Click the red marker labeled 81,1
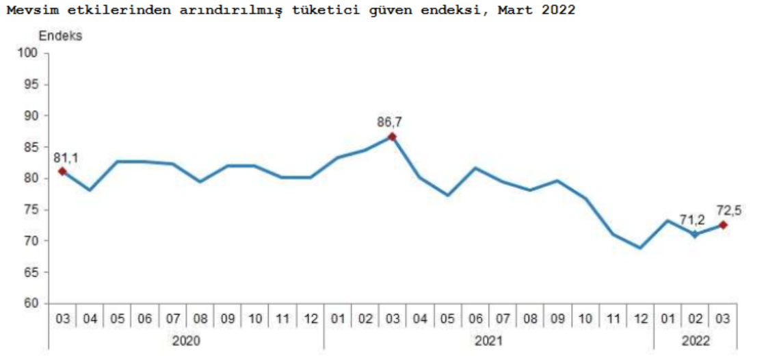click(62, 171)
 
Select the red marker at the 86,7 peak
click(392, 137)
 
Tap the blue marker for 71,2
click(696, 234)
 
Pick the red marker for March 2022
click(723, 225)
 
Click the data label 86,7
click(390, 123)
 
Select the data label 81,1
click(66, 158)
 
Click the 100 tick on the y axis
click(31, 53)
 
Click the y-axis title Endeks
click(60, 36)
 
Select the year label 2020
click(186, 340)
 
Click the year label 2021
click(488, 340)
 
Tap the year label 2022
click(696, 340)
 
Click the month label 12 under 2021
click(640, 318)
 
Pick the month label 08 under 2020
click(200, 318)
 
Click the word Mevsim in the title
click(25, 10)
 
